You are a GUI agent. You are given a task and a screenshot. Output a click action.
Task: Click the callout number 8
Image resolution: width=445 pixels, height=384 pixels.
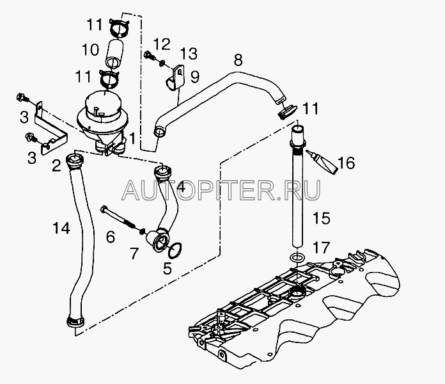[238, 61]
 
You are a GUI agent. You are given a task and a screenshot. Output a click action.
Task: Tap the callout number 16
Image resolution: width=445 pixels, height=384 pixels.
[346, 164]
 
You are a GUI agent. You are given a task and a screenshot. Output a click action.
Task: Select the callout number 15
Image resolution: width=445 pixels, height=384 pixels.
[322, 219]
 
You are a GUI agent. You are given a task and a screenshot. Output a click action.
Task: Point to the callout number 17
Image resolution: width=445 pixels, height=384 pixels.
[322, 246]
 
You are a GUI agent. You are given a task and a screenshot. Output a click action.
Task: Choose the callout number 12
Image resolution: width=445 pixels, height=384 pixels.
[162, 44]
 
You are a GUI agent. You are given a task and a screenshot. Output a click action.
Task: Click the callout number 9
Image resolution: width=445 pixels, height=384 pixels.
[194, 77]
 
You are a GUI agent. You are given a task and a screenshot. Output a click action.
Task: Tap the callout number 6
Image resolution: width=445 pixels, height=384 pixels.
[111, 237]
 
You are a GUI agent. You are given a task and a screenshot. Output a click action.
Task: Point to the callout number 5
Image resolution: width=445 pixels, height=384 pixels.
[168, 269]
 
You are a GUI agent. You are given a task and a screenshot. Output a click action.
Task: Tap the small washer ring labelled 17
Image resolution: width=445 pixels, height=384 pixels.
[295, 257]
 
